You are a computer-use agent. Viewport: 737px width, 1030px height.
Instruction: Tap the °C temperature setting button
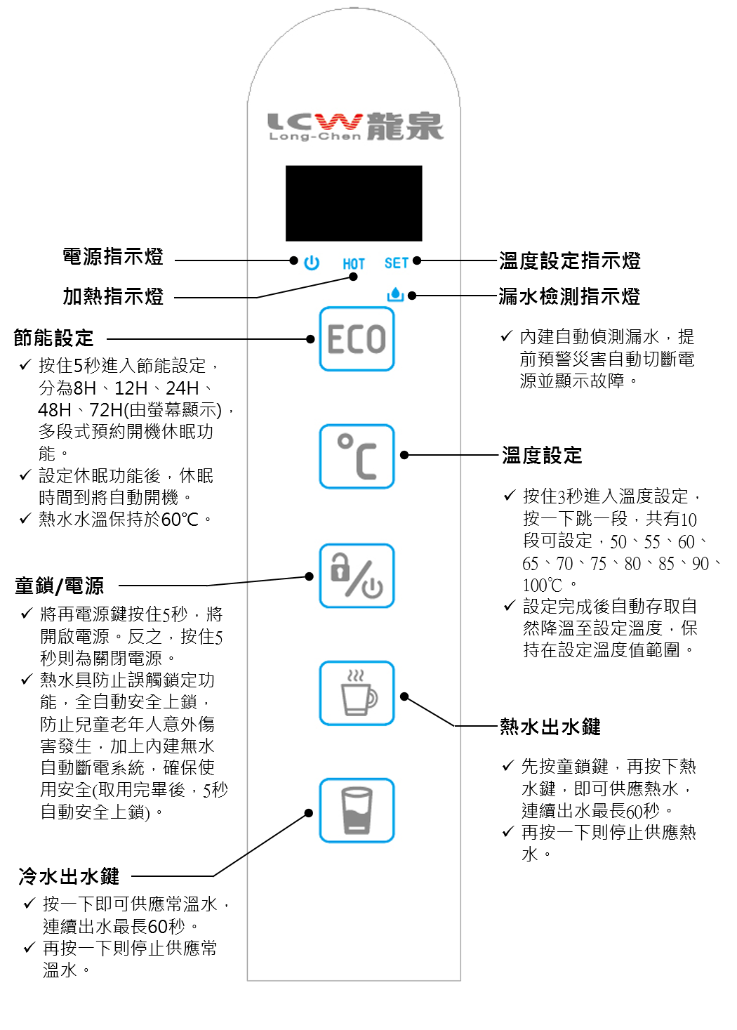coord(357,456)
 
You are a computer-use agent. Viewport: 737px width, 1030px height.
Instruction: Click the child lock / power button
coord(357,576)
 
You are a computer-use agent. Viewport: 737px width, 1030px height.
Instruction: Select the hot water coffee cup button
coord(357,693)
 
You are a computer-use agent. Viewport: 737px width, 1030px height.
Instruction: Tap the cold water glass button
coord(357,810)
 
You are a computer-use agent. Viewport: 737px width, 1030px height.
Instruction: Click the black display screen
coord(354,203)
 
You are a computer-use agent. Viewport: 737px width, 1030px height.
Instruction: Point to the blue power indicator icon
coord(312,263)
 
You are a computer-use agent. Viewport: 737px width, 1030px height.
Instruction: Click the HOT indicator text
coord(354,264)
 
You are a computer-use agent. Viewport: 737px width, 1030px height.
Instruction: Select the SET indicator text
coord(397,263)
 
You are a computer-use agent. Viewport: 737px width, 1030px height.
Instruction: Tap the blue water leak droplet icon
coord(395,295)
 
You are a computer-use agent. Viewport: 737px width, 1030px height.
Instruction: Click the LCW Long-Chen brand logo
coord(356,126)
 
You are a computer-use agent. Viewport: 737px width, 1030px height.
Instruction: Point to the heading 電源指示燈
coord(113,256)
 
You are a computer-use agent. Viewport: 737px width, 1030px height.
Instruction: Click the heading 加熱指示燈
coord(113,296)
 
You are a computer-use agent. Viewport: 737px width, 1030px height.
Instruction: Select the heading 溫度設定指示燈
coord(570,260)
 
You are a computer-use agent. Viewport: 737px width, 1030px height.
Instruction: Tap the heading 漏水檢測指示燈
coord(569,296)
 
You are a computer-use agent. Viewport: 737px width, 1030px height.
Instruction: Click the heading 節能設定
coord(54,338)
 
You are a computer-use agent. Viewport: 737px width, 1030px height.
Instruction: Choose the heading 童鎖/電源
coord(59,586)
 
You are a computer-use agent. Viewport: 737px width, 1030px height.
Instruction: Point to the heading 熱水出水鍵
coord(550,727)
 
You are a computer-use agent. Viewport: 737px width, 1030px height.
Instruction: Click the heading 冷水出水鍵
coord(69,876)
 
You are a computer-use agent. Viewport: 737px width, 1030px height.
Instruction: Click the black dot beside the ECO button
coord(310,339)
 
